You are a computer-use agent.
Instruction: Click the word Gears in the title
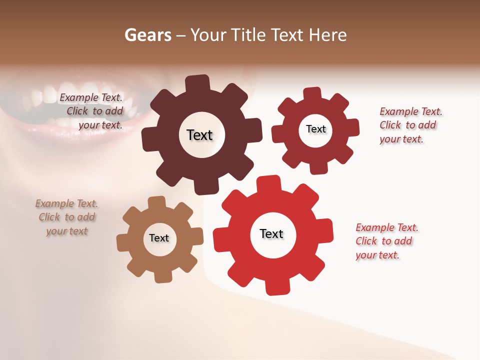147,35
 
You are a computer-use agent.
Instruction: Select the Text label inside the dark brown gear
199,135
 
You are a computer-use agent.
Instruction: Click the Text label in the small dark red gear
315,129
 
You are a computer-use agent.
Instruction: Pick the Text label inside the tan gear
159,238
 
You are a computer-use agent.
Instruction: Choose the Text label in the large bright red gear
271,233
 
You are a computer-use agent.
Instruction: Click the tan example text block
67,217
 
